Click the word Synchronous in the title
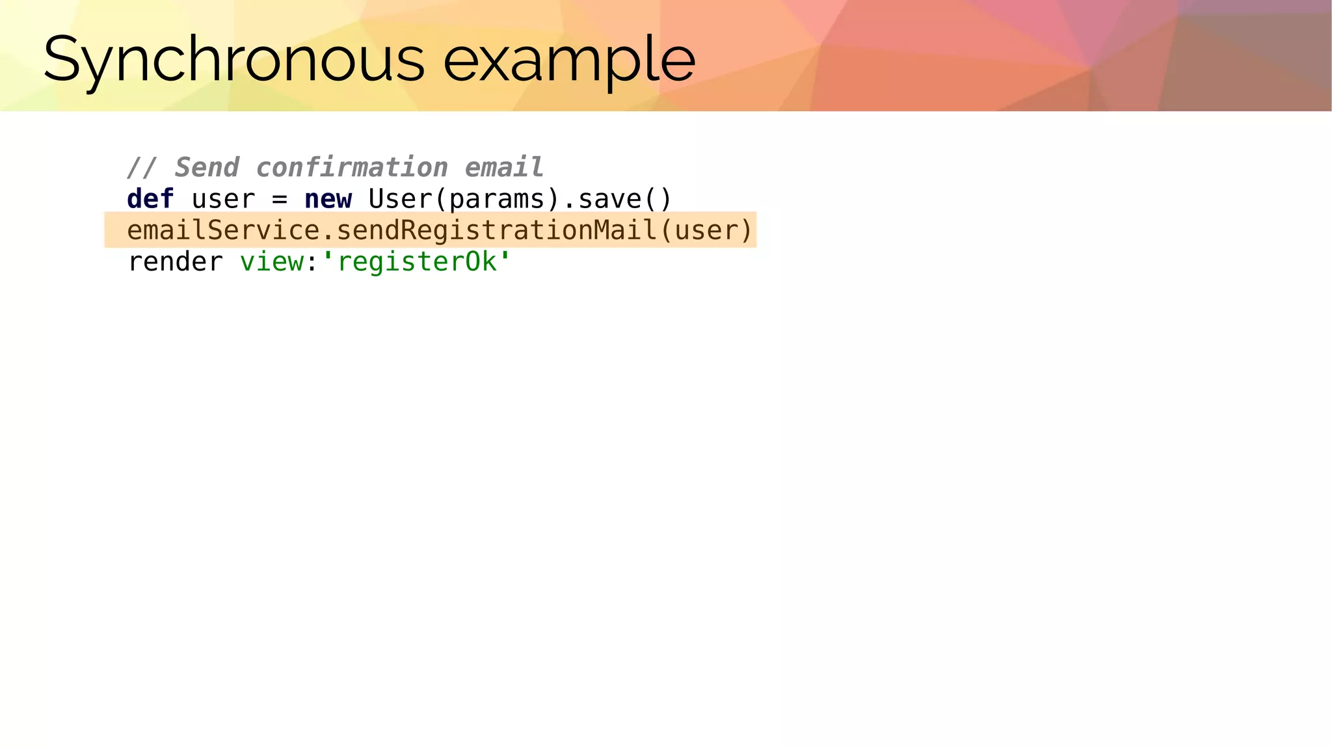[234, 60]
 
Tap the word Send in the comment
[207, 167]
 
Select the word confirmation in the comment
[352, 167]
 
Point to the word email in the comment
[504, 167]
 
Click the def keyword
[150, 199]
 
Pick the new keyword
[328, 199]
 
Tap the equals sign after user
[280, 199]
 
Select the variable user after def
[223, 199]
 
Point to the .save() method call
[617, 199]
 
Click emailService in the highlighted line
[223, 230]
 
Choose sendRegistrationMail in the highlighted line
[496, 230]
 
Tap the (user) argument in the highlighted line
[706, 230]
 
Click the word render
[175, 262]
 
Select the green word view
[271, 262]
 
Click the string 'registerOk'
[416, 262]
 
